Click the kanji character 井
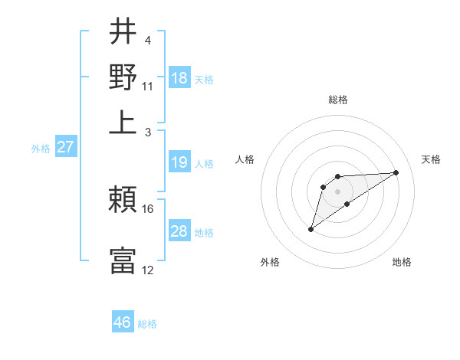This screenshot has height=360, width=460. point(123,32)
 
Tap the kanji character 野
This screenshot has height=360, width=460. point(123,77)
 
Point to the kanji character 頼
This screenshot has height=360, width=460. point(123,201)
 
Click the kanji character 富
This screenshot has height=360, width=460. point(123,260)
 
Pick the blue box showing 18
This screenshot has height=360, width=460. point(179,78)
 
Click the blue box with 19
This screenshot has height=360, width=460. point(179,162)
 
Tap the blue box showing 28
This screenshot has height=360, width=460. point(179,231)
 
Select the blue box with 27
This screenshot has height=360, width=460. point(65,147)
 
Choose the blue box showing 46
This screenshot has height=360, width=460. point(123,322)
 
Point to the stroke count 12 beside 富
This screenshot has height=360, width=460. point(148,270)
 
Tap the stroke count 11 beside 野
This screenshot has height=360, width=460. point(148,86)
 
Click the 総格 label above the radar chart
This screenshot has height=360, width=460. point(338,100)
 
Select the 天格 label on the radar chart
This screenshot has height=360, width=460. point(431,159)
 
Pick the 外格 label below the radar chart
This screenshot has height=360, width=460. point(270,262)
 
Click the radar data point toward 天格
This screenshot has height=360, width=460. point(396,172)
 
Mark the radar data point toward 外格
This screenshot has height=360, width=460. point(310,229)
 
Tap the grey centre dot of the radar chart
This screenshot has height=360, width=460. point(338,191)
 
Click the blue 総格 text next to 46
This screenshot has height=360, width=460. point(148,324)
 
